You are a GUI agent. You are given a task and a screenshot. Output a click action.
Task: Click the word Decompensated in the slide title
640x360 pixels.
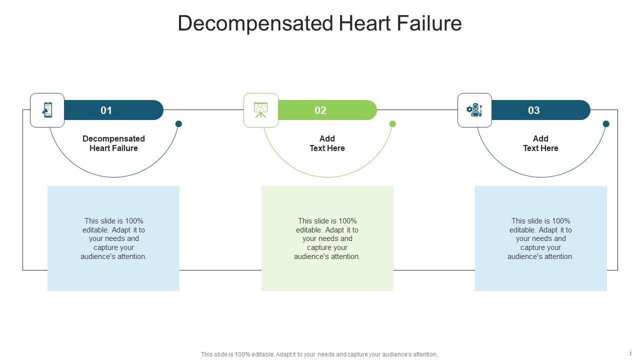pyautogui.click(x=255, y=23)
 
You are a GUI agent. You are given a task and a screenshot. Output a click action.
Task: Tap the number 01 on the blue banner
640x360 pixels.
pyautogui.click(x=106, y=110)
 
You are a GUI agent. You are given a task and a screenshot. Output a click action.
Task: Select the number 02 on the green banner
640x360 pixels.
pyautogui.click(x=320, y=110)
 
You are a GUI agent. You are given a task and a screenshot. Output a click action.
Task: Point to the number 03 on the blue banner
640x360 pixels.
pyautogui.click(x=534, y=110)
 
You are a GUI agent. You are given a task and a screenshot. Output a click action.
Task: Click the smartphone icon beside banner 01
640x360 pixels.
pyautogui.click(x=47, y=110)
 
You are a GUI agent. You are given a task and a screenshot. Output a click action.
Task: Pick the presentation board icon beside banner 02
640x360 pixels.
pyautogui.click(x=260, y=110)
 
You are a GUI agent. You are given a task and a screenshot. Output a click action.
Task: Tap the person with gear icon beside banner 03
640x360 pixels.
pyautogui.click(x=474, y=110)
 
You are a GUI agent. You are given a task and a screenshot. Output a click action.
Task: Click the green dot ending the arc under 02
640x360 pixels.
pyautogui.click(x=392, y=124)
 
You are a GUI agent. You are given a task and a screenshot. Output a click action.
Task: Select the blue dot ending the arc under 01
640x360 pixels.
pyautogui.click(x=178, y=124)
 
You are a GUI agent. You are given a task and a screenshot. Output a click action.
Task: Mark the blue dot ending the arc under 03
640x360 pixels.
pyautogui.click(x=606, y=124)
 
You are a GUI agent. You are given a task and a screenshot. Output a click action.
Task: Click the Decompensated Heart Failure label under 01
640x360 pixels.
pyautogui.click(x=113, y=143)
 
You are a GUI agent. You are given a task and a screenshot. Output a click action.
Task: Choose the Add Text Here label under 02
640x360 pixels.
pyautogui.click(x=327, y=143)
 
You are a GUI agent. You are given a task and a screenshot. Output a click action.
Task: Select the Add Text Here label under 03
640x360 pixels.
pyautogui.click(x=540, y=143)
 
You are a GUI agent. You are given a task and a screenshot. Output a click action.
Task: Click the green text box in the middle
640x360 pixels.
pyautogui.click(x=327, y=238)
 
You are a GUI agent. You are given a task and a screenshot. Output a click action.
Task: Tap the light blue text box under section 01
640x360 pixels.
pyautogui.click(x=113, y=238)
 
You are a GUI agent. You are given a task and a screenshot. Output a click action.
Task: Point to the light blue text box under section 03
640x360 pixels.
pyautogui.click(x=540, y=238)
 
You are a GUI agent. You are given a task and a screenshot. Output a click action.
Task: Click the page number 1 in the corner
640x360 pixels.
pyautogui.click(x=630, y=353)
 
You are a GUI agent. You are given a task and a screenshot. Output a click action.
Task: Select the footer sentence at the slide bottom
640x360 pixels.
pyautogui.click(x=319, y=354)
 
